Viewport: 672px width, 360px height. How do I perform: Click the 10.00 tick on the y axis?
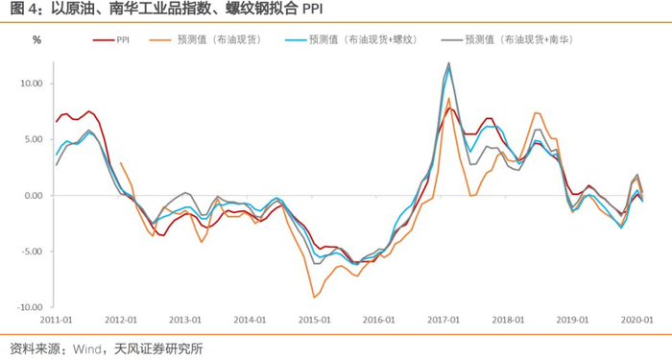[x=32, y=84]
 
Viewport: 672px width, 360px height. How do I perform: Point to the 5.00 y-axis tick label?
[x=34, y=140]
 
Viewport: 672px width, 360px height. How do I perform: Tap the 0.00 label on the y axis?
[x=34, y=196]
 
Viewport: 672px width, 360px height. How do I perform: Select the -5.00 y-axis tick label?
[x=32, y=252]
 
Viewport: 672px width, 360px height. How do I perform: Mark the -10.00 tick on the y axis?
[x=30, y=307]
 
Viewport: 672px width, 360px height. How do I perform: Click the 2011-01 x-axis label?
[x=56, y=320]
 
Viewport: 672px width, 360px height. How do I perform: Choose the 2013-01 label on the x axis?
[x=185, y=320]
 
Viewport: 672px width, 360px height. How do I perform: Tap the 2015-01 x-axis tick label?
[x=315, y=320]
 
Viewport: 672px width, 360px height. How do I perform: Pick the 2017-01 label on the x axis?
[x=444, y=320]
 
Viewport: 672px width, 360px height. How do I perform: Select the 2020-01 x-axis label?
[x=637, y=320]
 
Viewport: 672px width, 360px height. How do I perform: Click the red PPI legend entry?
[x=111, y=40]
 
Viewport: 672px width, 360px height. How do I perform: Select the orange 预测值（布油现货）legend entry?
[x=205, y=40]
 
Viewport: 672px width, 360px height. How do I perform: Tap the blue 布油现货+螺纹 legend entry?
[x=351, y=40]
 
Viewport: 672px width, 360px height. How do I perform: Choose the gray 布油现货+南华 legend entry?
[x=508, y=40]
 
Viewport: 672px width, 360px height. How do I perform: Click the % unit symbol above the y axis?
[x=36, y=40]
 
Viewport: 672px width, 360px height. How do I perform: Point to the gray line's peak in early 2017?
[x=449, y=62]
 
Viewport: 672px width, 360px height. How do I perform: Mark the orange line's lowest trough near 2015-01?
[x=314, y=298]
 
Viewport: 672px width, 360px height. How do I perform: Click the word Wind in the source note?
[x=87, y=349]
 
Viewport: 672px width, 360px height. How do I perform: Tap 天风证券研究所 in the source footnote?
[x=158, y=349]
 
